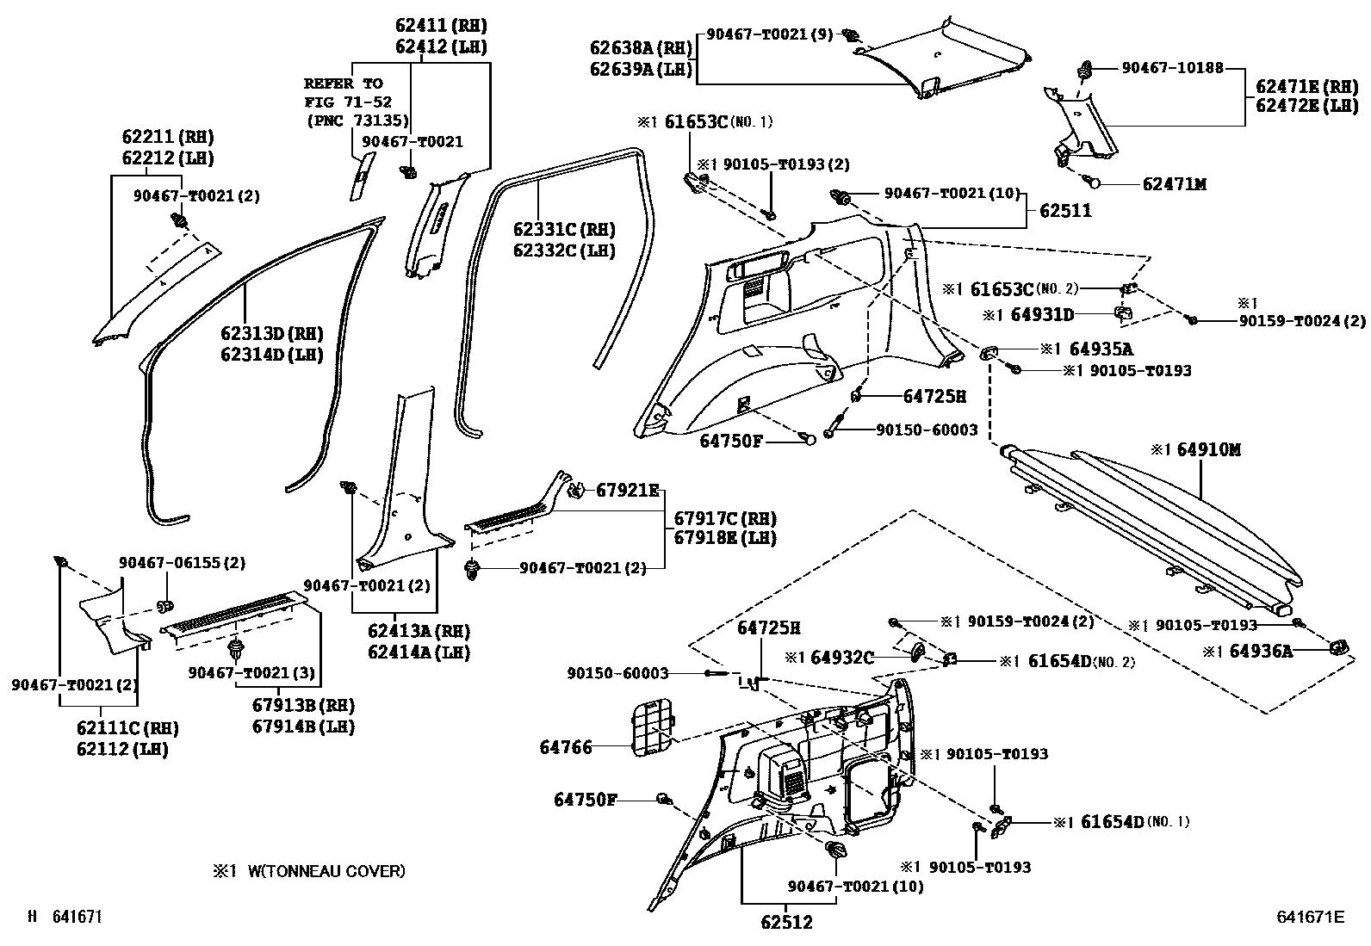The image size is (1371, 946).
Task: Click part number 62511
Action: point(1064,211)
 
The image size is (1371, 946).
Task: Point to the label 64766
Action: point(566,747)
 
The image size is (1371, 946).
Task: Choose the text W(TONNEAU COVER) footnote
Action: point(326,871)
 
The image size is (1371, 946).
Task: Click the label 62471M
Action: point(1175,184)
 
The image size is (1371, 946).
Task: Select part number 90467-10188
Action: point(1172,67)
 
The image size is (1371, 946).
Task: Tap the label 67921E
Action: point(627,491)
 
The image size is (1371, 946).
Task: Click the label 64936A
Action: point(1261,652)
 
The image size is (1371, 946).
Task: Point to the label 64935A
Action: point(1101,349)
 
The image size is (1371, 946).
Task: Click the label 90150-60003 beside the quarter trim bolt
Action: point(927,430)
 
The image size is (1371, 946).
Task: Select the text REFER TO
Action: point(343,83)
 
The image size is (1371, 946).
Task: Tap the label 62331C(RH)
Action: point(564,230)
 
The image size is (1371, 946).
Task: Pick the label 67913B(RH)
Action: point(303,705)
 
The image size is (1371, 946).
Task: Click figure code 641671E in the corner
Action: point(1309,918)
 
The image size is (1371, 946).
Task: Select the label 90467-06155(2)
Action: point(182,563)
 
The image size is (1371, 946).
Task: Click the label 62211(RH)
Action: point(167,137)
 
